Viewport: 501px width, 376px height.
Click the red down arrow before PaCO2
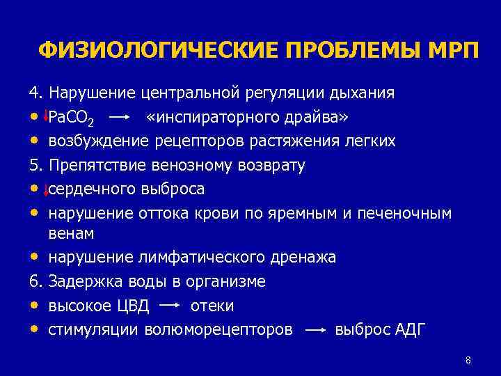pos(45,116)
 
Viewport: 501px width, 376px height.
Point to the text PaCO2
pos(72,117)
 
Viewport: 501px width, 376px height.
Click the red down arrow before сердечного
pos(45,189)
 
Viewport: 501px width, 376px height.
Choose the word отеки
pos(212,306)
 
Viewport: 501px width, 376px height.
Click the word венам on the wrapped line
pos(71,233)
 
